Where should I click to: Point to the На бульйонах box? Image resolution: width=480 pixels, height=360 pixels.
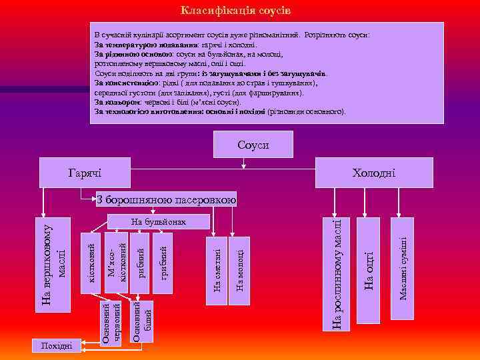(157, 221)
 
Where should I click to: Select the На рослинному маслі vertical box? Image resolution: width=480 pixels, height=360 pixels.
(336, 273)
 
